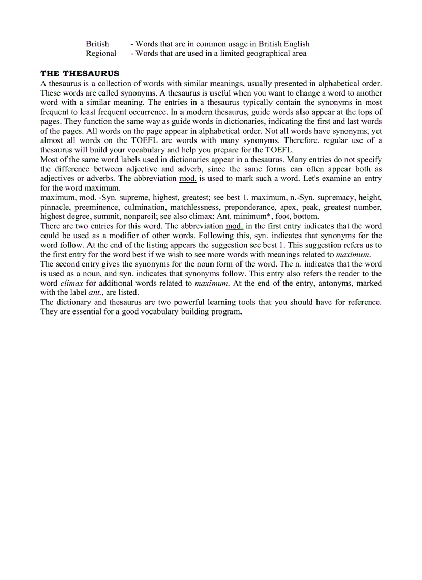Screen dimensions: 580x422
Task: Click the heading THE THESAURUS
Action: coord(80,74)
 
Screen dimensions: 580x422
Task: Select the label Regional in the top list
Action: coord(101,53)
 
